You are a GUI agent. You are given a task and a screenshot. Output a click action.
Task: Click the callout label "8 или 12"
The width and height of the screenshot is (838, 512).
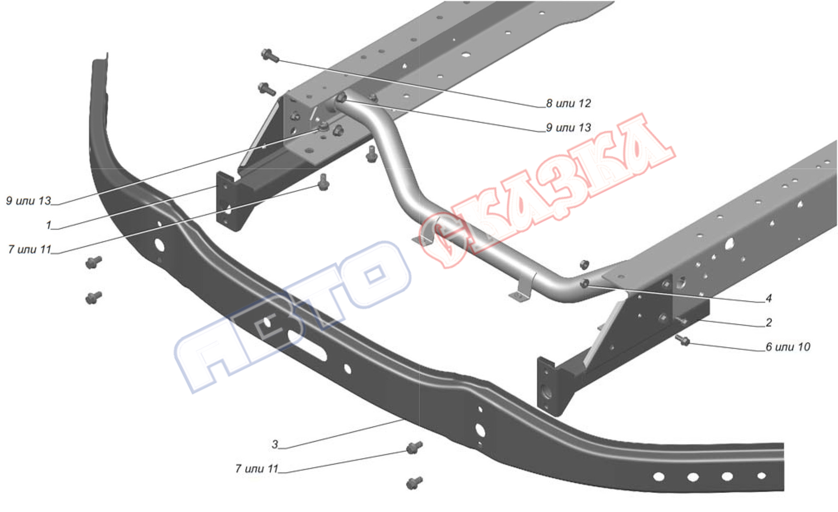tap(569, 103)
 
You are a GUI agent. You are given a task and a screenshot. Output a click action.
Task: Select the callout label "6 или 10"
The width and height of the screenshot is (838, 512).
tap(788, 347)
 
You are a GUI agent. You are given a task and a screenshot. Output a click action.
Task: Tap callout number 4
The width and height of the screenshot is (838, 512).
tap(768, 298)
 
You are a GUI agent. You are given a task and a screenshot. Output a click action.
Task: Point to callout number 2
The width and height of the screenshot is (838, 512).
tap(768, 322)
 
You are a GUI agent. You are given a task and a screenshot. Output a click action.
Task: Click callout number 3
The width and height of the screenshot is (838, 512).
tap(275, 444)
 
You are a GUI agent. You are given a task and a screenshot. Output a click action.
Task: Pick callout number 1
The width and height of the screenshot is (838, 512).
tap(49, 225)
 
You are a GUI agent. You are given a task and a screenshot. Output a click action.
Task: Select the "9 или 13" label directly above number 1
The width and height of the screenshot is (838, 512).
tap(28, 201)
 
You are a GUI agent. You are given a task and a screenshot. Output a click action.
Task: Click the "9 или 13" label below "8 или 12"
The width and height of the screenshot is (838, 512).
tap(569, 127)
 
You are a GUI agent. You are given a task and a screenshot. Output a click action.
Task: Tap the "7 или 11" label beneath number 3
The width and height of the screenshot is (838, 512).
tap(257, 468)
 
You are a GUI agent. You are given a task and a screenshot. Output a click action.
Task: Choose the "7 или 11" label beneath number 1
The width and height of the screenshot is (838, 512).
tap(30, 249)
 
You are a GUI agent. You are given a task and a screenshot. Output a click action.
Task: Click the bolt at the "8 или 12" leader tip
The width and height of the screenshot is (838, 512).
tap(270, 55)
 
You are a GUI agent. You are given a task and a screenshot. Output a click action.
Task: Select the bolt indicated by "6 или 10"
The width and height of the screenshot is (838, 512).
tap(682, 340)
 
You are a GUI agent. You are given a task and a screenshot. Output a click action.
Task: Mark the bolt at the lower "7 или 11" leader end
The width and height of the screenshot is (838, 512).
tap(414, 447)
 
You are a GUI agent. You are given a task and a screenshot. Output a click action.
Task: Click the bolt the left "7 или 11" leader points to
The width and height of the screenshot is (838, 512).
tap(324, 182)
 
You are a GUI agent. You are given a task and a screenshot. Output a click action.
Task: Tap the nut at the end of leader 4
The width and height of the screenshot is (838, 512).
tap(584, 283)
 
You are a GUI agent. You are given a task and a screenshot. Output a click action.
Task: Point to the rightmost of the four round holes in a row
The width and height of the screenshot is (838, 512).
tap(761, 476)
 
